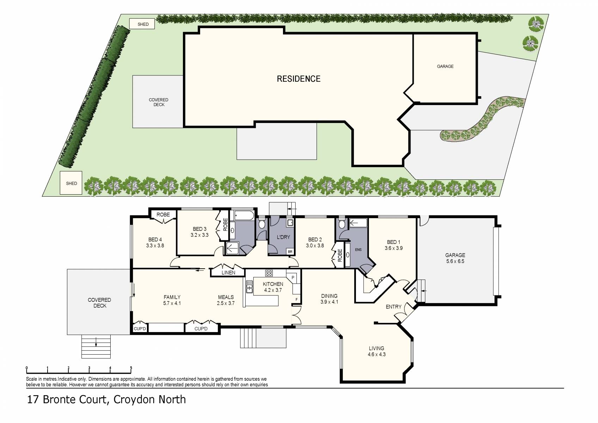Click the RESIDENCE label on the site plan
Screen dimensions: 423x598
click(x=298, y=79)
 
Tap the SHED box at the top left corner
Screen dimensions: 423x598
click(x=143, y=24)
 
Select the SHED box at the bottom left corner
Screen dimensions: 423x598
click(x=71, y=183)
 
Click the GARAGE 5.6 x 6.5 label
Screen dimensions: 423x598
click(x=455, y=258)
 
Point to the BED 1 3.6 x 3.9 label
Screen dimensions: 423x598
click(x=393, y=245)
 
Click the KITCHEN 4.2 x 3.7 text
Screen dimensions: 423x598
click(x=273, y=287)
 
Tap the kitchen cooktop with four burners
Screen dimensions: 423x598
click(x=269, y=273)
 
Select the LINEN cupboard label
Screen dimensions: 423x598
click(x=228, y=272)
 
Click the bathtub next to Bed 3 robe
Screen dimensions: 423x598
click(x=244, y=215)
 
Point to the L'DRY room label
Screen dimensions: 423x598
click(x=283, y=237)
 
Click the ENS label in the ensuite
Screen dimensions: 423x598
click(x=358, y=250)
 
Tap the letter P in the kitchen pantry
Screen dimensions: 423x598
click(x=293, y=278)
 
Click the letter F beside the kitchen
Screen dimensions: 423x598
click(x=296, y=300)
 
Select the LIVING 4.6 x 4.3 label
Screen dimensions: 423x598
click(x=376, y=351)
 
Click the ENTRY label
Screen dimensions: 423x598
click(x=393, y=307)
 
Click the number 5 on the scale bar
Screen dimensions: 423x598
click(x=131, y=368)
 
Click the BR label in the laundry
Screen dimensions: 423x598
click(x=290, y=252)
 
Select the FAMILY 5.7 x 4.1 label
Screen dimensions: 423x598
click(x=172, y=300)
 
